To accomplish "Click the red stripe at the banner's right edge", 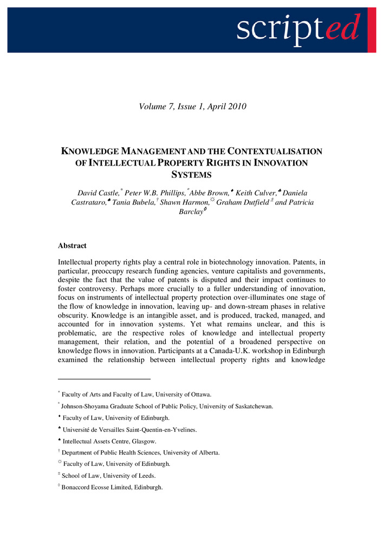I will click(372, 30).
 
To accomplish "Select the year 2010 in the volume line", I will click(236, 107).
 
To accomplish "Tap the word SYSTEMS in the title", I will click(192, 175).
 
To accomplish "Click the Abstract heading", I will click(72, 246).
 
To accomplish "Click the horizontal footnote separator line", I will click(104, 379).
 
